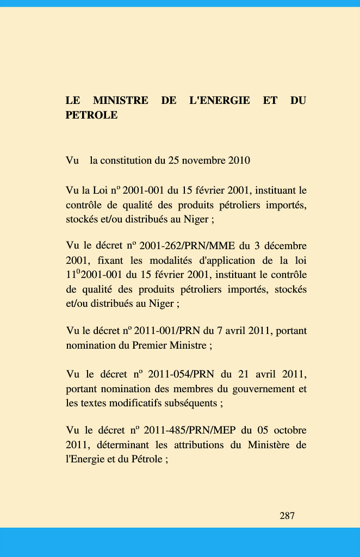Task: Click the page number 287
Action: pos(287,516)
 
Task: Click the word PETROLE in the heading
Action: pos(91,115)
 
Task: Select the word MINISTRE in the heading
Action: pos(121,101)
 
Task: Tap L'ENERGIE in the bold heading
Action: pos(219,101)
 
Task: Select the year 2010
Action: pos(239,160)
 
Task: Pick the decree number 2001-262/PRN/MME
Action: pos(187,246)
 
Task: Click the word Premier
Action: pos(148,345)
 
